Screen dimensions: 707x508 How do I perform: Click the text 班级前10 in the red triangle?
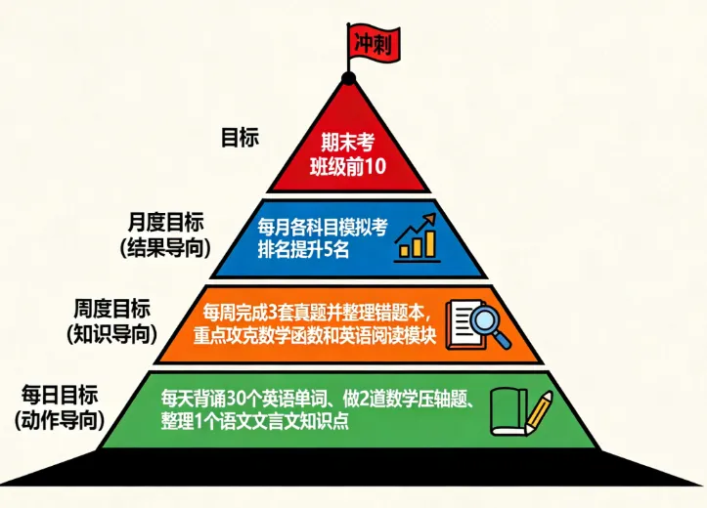pyautogui.click(x=348, y=166)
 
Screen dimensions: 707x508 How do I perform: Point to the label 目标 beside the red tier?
pyautogui.click(x=240, y=138)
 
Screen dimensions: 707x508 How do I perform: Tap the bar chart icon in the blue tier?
pyautogui.click(x=418, y=237)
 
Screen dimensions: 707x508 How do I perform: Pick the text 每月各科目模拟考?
pyautogui.click(x=323, y=227)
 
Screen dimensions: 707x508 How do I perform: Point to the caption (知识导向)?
pyautogui.click(x=111, y=333)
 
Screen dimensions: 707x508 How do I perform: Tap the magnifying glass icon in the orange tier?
pyautogui.click(x=479, y=323)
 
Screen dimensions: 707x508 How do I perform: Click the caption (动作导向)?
pyautogui.click(x=60, y=420)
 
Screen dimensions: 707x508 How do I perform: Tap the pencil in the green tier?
pyautogui.click(x=538, y=411)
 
